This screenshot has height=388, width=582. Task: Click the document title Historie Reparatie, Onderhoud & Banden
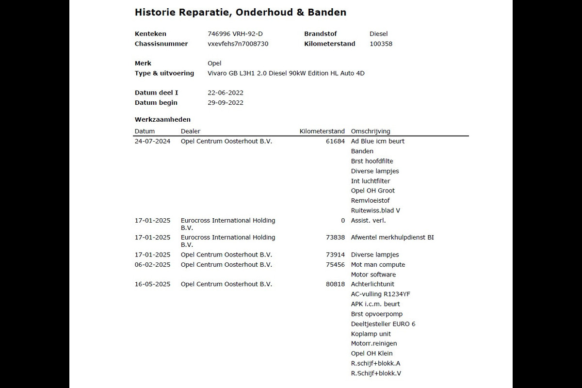(240, 12)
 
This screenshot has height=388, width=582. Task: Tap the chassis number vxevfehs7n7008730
(238, 44)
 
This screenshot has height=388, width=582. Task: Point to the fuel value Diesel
(378, 34)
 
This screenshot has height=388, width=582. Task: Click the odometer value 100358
(381, 44)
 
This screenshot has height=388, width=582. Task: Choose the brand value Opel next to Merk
(214, 64)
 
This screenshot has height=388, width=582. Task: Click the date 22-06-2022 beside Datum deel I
(226, 93)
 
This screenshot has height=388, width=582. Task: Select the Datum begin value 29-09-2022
(226, 103)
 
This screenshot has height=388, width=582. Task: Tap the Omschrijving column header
(370, 131)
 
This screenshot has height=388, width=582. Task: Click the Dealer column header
(190, 131)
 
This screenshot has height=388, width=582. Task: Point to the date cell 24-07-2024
(152, 142)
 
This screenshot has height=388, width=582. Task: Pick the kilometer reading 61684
(335, 142)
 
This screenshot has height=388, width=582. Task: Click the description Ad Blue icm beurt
(377, 142)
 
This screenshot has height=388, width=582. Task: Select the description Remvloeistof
(370, 201)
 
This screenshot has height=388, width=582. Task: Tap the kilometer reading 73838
(335, 238)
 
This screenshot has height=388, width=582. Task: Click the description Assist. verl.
(368, 221)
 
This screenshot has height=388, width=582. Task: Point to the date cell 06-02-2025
(152, 265)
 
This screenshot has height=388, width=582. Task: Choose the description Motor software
(373, 275)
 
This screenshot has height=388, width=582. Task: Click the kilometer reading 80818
(335, 284)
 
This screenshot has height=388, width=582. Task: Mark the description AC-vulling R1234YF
(381, 294)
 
